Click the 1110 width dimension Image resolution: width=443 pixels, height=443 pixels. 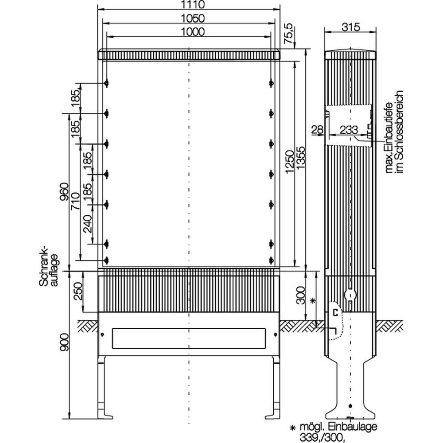[193, 4]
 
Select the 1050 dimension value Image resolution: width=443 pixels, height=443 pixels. [193, 18]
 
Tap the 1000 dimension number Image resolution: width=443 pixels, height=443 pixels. [193, 31]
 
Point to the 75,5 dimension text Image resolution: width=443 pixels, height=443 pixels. [288, 33]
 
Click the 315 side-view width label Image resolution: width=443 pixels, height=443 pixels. [351, 27]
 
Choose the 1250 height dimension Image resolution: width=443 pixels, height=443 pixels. [289, 161]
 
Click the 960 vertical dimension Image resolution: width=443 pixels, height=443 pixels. [64, 192]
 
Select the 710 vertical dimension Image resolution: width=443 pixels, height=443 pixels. [75, 201]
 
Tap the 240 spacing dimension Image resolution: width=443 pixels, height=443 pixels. [88, 224]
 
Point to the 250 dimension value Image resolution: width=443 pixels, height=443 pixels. [78, 291]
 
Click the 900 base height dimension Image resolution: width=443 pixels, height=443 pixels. [64, 342]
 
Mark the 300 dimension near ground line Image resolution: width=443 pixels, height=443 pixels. [301, 295]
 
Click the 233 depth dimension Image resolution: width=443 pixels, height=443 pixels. [349, 130]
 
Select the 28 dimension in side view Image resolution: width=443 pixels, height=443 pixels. [317, 130]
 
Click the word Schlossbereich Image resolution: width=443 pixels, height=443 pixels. [399, 132]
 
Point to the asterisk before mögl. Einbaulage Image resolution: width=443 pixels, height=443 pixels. [293, 427]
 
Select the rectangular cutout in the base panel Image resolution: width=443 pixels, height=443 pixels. [189, 338]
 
